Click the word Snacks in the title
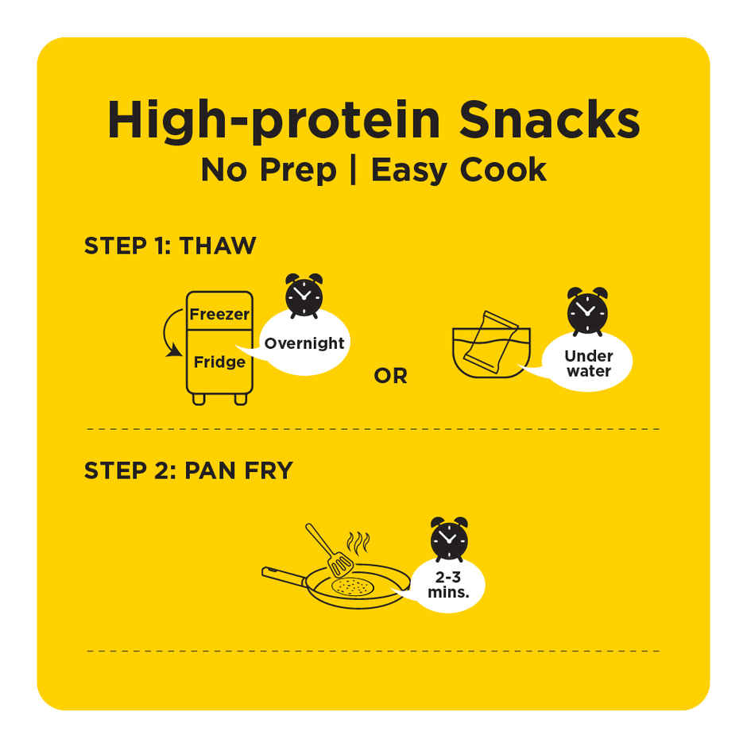(549, 119)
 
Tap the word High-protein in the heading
(274, 121)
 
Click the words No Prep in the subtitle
(269, 171)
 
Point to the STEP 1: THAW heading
(170, 246)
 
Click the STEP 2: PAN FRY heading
(188, 470)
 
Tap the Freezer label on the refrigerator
(219, 314)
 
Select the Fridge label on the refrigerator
(219, 362)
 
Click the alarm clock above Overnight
(304, 296)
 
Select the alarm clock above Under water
(587, 311)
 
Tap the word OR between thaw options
(391, 377)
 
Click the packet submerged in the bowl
(490, 342)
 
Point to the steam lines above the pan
(358, 543)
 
